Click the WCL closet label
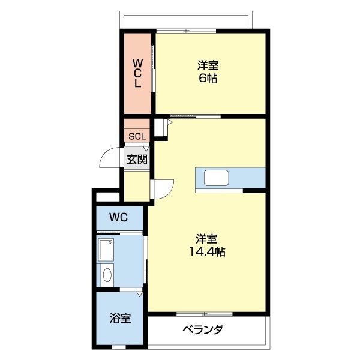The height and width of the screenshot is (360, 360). click(x=137, y=73)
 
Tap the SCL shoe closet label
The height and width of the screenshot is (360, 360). click(x=137, y=136)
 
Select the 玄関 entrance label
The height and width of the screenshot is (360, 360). click(x=137, y=160)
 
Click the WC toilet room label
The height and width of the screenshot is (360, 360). click(x=118, y=218)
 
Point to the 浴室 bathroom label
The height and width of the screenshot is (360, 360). click(x=120, y=318)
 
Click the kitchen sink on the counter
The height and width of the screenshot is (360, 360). click(x=216, y=179)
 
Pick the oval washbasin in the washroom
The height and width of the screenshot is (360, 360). click(x=107, y=275)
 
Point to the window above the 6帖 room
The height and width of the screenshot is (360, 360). click(x=187, y=30)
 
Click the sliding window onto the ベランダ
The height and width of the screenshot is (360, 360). click(x=204, y=314)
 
